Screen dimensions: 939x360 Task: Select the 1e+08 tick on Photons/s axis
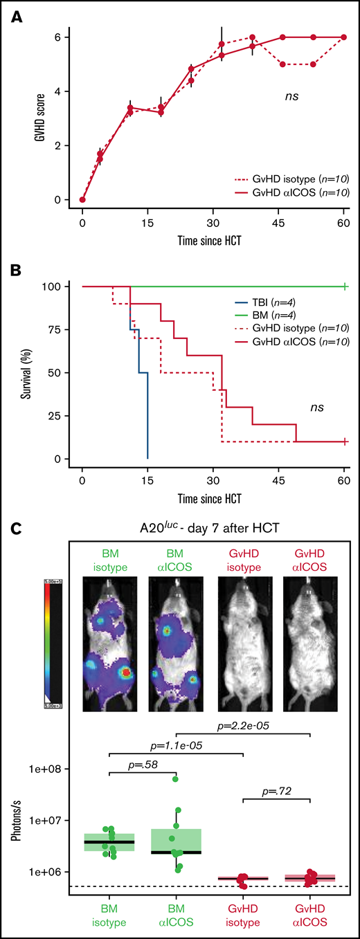50,768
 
